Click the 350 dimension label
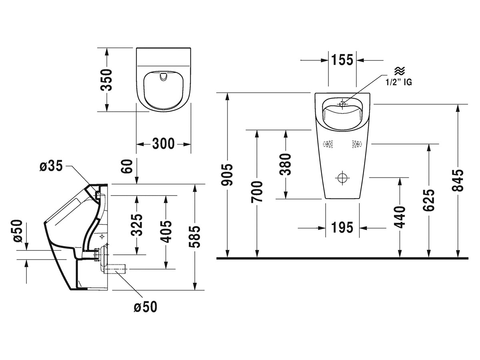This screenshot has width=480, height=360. [106, 80]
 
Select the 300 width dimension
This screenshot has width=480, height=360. [163, 143]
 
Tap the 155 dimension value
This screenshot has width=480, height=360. [342, 60]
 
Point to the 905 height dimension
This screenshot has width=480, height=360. [227, 175]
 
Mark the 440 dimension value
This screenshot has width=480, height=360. [400, 216]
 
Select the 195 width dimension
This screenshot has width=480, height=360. [342, 228]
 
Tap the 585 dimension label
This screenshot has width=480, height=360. [194, 237]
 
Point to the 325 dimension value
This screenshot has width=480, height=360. [137, 225]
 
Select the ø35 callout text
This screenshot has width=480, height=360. [51, 166]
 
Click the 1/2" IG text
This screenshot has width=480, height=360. [398, 82]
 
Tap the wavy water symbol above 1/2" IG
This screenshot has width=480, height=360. [399, 72]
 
